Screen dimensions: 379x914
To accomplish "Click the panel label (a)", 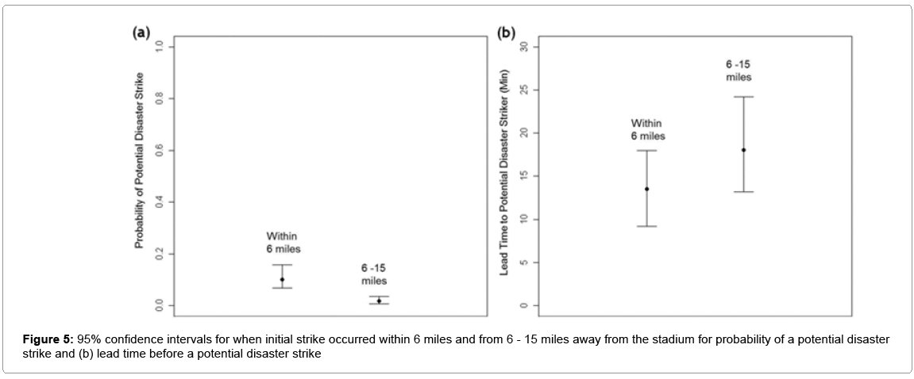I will (141, 33).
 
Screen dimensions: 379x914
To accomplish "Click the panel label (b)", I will (506, 33).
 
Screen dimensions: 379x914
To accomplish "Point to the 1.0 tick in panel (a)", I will (160, 47).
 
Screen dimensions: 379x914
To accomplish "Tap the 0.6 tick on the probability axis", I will (160, 151).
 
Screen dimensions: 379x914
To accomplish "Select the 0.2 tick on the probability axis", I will (160, 255).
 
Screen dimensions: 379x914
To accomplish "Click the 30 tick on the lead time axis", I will (524, 47).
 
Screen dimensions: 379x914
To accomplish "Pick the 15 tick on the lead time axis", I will (524, 176).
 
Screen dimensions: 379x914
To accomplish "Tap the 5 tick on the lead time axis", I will (524, 262).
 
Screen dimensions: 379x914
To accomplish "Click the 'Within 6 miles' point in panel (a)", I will (282, 279).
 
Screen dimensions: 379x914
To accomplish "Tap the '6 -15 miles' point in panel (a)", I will (379, 301).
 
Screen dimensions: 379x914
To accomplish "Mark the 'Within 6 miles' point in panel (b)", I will (646, 189).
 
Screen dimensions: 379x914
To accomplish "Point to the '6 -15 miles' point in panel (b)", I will (744, 150).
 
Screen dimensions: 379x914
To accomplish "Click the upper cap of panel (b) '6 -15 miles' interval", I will (744, 97).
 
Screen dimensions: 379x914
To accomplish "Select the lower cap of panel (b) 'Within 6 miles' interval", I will (646, 226).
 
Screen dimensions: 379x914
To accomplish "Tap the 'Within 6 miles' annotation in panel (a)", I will (283, 243).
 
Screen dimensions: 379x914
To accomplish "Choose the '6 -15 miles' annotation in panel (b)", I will (739, 71).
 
